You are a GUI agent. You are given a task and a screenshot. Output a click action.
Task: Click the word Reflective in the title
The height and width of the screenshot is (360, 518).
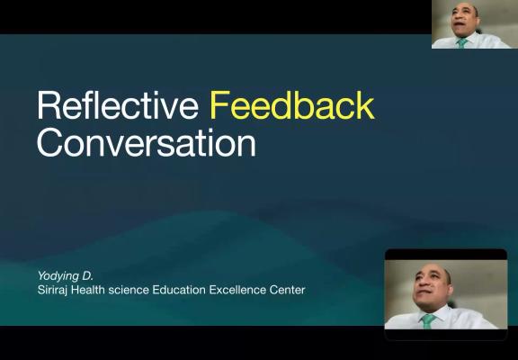118,105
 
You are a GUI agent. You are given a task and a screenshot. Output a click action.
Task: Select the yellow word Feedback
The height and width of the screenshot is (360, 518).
292,105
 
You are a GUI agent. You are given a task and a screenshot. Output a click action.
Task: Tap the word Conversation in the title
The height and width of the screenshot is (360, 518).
147,142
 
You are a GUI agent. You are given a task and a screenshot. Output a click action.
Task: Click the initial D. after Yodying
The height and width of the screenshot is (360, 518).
88,275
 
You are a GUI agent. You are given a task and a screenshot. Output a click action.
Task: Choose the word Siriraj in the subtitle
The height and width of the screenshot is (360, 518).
53,290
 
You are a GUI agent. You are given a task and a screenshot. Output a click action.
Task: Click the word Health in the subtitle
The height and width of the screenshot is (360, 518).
88,290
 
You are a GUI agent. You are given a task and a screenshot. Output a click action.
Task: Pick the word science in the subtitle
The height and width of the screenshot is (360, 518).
129,290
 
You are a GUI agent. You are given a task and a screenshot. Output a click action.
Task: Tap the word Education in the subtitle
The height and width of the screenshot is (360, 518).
179,290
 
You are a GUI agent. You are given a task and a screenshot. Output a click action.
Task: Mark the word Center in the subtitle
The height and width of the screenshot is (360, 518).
287,290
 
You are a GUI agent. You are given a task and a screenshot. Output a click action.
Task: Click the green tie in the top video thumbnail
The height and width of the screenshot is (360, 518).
462,42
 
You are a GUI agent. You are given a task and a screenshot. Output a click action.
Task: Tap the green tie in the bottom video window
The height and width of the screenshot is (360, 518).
427,321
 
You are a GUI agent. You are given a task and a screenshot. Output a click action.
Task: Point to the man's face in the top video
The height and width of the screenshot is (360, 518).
463,22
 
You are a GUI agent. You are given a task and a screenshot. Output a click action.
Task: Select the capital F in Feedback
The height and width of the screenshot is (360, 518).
219,105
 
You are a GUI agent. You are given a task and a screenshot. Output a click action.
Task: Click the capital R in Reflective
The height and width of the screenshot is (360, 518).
49,105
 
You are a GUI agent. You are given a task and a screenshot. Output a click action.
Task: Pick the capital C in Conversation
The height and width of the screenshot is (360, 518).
49,142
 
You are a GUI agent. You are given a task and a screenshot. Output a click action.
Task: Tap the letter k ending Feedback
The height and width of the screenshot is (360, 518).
365,105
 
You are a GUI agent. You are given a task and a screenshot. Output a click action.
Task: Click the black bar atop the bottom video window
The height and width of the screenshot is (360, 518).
446,255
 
